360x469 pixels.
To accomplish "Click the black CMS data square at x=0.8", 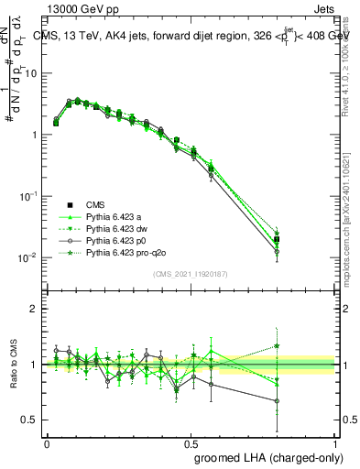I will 277,239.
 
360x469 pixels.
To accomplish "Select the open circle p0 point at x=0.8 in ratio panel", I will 277,400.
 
